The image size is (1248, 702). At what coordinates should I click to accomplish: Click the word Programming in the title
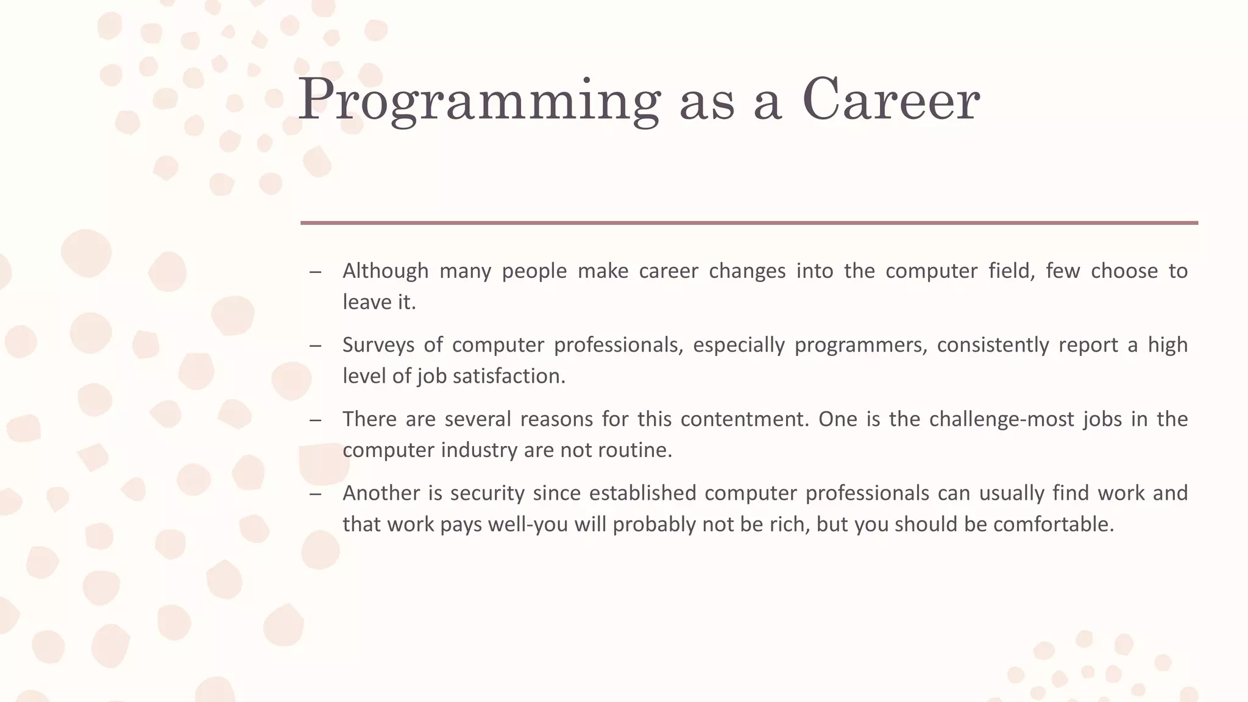[478, 101]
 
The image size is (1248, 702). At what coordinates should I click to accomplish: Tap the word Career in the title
[890, 101]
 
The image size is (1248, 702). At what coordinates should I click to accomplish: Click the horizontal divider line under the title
[749, 223]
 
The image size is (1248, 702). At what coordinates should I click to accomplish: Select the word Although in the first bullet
[385, 271]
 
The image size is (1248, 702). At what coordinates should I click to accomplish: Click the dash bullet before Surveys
[315, 346]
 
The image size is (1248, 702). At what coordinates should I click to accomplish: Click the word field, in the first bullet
[1012, 271]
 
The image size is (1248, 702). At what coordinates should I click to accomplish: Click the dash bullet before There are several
[315, 420]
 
